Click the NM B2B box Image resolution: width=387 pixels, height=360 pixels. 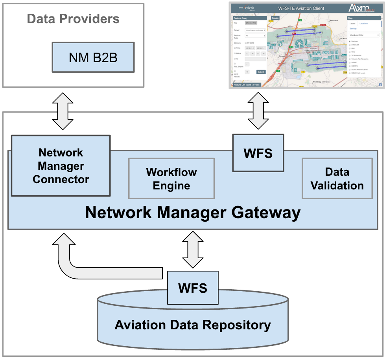(x=93, y=57)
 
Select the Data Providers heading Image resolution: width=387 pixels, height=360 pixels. (x=73, y=19)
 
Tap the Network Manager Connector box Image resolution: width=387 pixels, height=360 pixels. (x=61, y=166)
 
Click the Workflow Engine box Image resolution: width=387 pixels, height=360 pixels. (x=171, y=179)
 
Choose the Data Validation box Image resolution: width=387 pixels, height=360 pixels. (x=337, y=178)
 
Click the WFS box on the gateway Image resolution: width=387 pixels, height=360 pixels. (x=258, y=153)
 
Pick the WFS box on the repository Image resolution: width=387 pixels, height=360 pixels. (x=193, y=288)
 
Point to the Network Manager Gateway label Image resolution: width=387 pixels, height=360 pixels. (x=193, y=213)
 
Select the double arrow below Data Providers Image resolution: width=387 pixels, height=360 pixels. (x=63, y=111)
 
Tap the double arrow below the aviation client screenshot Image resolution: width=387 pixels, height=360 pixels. (x=258, y=111)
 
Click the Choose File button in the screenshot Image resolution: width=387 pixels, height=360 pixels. (x=251, y=23)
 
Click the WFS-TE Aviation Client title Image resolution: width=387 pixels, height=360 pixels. (x=304, y=8)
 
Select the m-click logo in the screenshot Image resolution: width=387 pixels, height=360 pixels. (x=247, y=8)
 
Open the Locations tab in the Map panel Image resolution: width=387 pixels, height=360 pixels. (x=363, y=23)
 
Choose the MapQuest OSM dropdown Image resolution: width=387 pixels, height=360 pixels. (x=364, y=35)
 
